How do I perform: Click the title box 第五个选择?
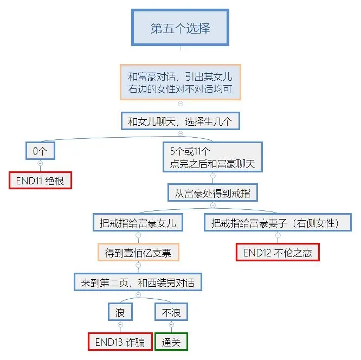[180, 28]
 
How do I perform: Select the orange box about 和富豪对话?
[180, 82]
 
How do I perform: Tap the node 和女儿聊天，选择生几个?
[180, 121]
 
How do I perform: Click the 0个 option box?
[40, 151]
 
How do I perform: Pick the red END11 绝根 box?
[40, 181]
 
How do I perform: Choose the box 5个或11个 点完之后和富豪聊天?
[212, 157]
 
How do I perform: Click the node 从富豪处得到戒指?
[212, 192]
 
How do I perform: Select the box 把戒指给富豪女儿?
[138, 222]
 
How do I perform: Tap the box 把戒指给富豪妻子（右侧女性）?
[277, 222]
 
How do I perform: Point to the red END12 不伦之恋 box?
[277, 252]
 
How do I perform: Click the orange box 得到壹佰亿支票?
[138, 252]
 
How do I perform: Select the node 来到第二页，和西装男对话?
[138, 282]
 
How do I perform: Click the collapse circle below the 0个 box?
[40, 163]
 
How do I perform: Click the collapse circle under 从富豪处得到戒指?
[212, 205]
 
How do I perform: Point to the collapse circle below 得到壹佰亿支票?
[138, 265]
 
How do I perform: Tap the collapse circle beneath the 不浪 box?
[171, 324]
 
